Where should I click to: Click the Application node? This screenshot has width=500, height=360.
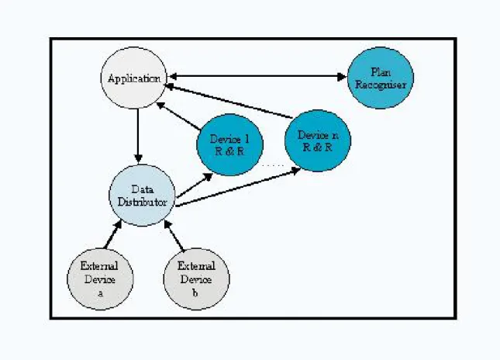click(x=134, y=78)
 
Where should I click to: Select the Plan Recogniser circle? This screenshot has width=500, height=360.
click(x=381, y=78)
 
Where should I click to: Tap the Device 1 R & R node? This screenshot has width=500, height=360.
click(x=230, y=145)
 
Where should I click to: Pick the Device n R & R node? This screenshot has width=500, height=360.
click(x=318, y=140)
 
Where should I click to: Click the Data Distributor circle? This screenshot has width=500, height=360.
click(x=142, y=196)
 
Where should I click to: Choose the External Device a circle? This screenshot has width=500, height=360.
click(x=100, y=279)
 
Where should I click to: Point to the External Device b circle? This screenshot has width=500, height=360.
click(x=196, y=279)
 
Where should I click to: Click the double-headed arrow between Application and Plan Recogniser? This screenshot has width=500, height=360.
click(x=257, y=77)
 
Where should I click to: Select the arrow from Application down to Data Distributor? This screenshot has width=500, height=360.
click(x=138, y=136)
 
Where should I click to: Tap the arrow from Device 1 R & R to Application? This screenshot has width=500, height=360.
click(x=178, y=116)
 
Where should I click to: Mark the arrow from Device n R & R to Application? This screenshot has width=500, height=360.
click(x=229, y=101)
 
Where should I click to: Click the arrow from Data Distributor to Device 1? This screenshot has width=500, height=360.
click(x=195, y=185)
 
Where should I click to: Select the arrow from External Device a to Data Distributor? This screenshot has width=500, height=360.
click(x=113, y=234)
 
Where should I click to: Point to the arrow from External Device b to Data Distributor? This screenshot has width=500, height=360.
click(x=174, y=235)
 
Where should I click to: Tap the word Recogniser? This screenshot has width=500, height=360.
click(x=381, y=85)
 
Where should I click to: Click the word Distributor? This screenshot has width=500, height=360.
click(x=142, y=202)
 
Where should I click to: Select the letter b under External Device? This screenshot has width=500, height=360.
click(x=195, y=292)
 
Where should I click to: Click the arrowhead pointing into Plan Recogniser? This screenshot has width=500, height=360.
click(x=342, y=77)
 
